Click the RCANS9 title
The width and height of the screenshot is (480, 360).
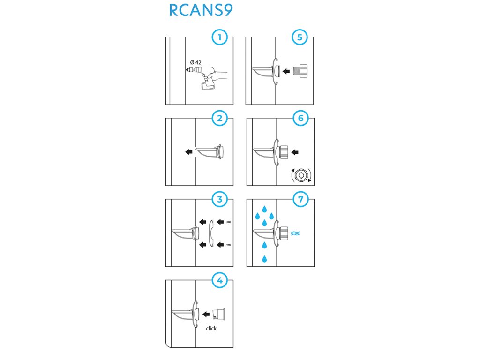(x=200, y=11)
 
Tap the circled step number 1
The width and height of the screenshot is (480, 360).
(x=219, y=37)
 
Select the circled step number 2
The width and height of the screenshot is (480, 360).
(x=219, y=118)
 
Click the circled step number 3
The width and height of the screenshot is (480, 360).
(x=219, y=199)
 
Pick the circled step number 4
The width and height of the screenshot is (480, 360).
(x=219, y=280)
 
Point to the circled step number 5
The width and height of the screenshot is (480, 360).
(x=300, y=37)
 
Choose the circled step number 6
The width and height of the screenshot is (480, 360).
(x=300, y=118)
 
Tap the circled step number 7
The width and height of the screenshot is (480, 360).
(x=300, y=199)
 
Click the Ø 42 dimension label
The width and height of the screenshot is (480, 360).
(x=195, y=62)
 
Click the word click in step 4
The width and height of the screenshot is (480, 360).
(x=211, y=328)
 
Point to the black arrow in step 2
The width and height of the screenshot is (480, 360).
(x=188, y=152)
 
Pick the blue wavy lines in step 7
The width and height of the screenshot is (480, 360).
(x=295, y=232)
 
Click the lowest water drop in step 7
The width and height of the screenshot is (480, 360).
(x=265, y=259)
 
